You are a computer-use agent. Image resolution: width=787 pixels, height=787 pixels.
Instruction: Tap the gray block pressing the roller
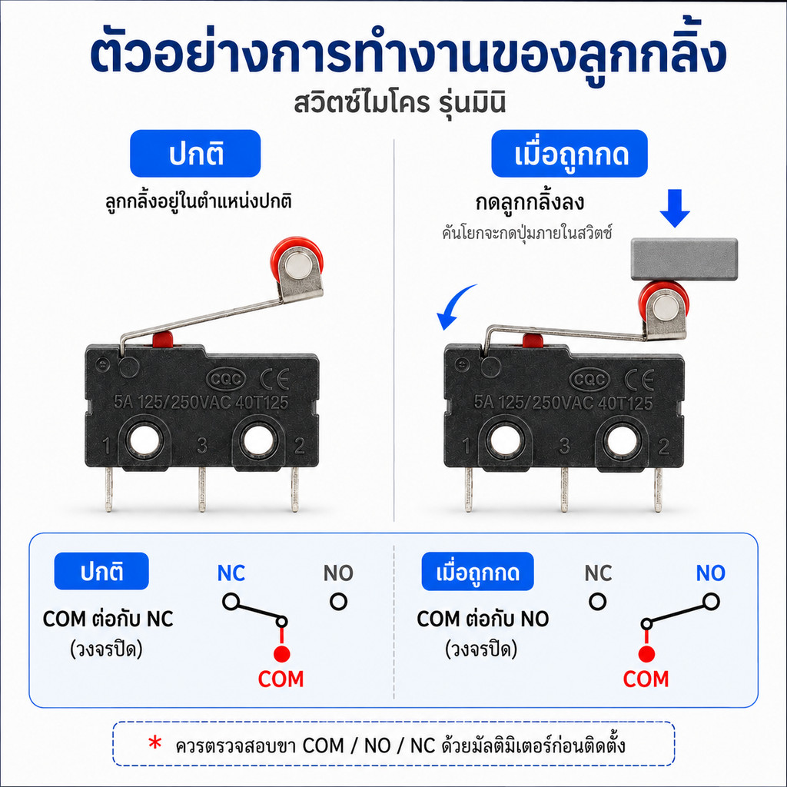coord(684,259)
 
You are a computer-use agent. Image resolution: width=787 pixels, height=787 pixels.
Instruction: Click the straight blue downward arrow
coord(675,208)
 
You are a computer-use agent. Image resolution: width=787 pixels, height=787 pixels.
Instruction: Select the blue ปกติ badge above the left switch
coord(195,154)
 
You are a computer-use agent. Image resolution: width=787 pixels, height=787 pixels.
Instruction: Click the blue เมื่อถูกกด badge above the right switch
coord(569,154)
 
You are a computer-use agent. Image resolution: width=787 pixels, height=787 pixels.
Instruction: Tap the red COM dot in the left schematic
coord(281,654)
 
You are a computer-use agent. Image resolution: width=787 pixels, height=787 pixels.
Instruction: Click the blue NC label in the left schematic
coord(231,573)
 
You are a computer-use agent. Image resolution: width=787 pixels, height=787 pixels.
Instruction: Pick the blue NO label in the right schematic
coord(710,573)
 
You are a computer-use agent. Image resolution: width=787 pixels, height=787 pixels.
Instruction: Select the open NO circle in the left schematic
coord(338,601)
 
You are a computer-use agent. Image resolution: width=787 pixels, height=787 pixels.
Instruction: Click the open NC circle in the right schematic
coord(597,601)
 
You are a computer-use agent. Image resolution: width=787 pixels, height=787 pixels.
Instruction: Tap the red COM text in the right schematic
coord(646,679)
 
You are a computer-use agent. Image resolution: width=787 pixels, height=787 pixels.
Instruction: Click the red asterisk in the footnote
coord(155,743)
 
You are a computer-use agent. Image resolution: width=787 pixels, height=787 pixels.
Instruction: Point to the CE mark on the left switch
coord(274,379)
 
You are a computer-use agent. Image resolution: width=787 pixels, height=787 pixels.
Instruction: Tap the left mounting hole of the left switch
coord(144,440)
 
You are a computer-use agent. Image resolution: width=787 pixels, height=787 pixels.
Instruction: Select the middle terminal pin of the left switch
coord(202,490)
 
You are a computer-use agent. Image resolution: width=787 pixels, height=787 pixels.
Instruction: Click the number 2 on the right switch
coord(663,447)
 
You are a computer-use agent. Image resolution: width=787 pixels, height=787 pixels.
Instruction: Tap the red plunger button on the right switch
coord(533,340)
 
